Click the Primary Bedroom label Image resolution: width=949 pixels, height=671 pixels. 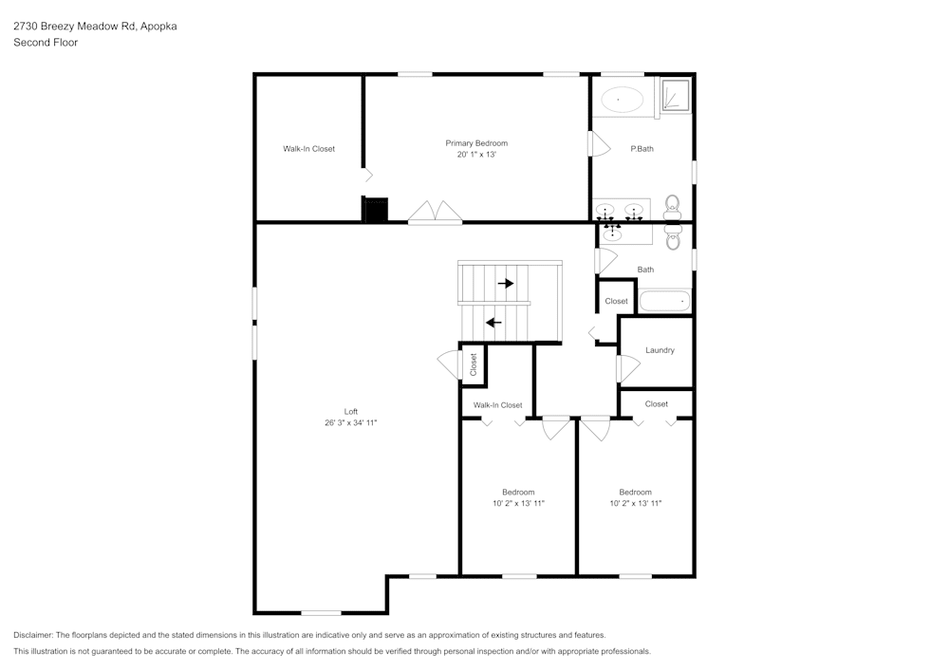[x=476, y=143]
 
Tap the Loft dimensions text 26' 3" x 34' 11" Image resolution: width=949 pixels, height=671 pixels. [x=351, y=423]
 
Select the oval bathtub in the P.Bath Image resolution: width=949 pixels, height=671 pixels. [x=622, y=100]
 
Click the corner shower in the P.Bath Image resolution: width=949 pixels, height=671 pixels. [x=675, y=96]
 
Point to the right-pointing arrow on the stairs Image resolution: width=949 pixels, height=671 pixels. [x=506, y=283]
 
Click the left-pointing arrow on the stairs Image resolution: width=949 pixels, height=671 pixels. [x=493, y=323]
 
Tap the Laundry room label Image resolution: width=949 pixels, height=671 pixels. [x=660, y=350]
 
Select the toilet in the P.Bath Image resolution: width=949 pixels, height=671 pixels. [x=673, y=208]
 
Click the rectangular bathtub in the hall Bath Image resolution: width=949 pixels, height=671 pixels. [x=665, y=301]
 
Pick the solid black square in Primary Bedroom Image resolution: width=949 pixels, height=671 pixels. [x=376, y=210]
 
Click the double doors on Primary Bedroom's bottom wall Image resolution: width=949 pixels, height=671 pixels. [x=436, y=212]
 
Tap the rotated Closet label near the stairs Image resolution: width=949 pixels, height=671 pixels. [x=474, y=364]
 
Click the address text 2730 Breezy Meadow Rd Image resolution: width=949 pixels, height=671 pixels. [x=75, y=27]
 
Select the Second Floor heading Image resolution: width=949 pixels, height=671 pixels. [x=46, y=43]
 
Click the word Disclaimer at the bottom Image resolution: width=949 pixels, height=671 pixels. [x=32, y=635]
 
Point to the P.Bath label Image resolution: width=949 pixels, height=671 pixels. [x=642, y=149]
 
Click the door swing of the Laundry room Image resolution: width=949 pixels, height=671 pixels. [x=628, y=369]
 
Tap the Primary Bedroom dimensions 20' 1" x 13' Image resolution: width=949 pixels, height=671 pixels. [x=476, y=155]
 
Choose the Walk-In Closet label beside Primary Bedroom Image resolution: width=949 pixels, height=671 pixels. [x=308, y=149]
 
